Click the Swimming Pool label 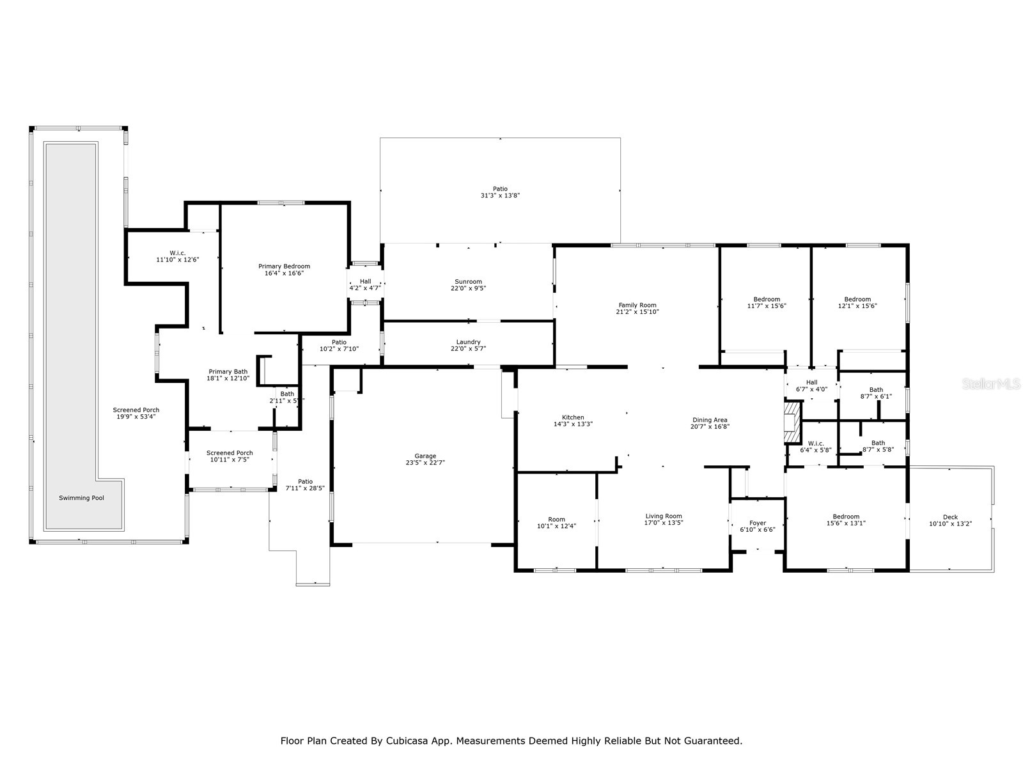(x=81, y=498)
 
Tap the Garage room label (x=425, y=456)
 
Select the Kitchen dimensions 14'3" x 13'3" (x=573, y=424)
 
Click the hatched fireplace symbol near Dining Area (x=792, y=422)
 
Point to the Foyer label (x=758, y=523)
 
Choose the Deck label (x=950, y=517)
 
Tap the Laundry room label (x=468, y=342)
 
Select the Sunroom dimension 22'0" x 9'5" (x=468, y=288)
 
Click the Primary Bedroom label (x=284, y=266)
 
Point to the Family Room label (x=637, y=305)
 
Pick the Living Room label (x=664, y=516)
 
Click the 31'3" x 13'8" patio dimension (x=500, y=196)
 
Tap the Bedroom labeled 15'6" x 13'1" (x=846, y=516)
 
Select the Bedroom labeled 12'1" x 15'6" (x=857, y=299)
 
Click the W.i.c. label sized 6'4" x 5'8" (x=816, y=443)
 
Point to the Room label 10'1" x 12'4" (x=556, y=519)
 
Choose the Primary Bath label (x=228, y=371)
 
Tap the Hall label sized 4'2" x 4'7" (x=365, y=281)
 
